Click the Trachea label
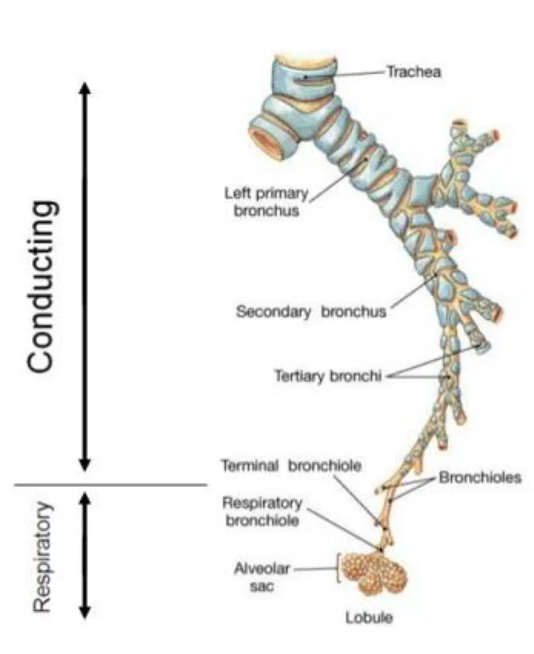[x=413, y=72]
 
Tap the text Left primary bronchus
[x=266, y=202]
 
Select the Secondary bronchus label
[x=311, y=312]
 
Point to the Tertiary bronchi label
[x=328, y=376]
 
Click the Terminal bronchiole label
[x=291, y=465]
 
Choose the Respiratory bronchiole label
[x=262, y=511]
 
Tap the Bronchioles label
[x=480, y=477]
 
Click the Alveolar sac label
[x=262, y=577]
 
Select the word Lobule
[x=369, y=617]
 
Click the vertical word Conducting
[x=40, y=286]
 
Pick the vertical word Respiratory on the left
[x=42, y=557]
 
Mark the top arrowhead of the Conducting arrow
[x=85, y=88]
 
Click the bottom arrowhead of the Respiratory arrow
[x=85, y=612]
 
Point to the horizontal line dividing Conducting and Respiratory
[x=110, y=485]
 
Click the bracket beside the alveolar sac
[x=338, y=568]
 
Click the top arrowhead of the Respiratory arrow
[x=85, y=499]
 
